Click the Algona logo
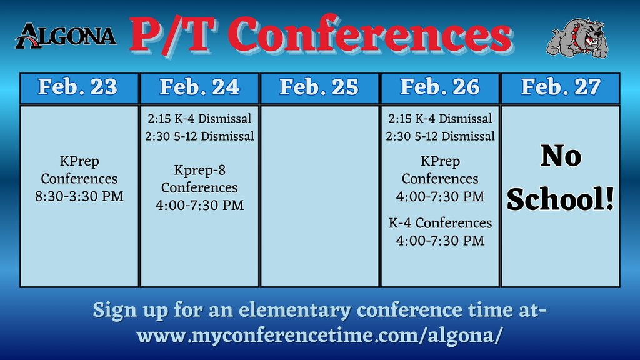[x=66, y=36]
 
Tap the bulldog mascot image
[x=577, y=38]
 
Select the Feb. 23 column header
[x=78, y=87]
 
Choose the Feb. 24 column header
[x=199, y=87]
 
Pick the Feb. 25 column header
[x=319, y=87]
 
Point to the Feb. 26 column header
[x=440, y=87]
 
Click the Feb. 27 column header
[x=561, y=87]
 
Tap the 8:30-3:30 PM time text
[x=79, y=196]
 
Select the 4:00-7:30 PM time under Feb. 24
[x=200, y=205]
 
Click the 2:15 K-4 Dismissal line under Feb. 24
[x=200, y=119]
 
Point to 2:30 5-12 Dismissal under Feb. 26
[x=441, y=136]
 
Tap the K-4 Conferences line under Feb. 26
[x=441, y=223]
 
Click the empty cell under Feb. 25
[x=319, y=196]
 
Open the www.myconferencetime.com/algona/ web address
[x=319, y=334]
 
